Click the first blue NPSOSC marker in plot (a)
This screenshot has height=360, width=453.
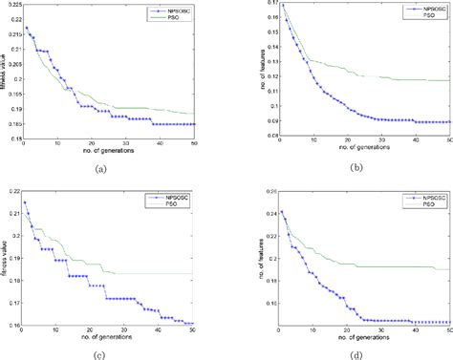[x=26, y=28]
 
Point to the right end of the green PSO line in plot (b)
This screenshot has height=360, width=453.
[x=450, y=80]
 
